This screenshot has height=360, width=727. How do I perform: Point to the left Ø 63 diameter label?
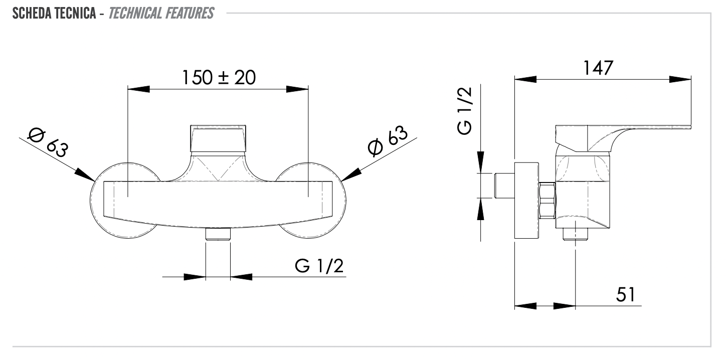(x=49, y=141)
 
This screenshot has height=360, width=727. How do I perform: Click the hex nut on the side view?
(x=547, y=201)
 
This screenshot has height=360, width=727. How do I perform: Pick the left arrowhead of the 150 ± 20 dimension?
(x=138, y=89)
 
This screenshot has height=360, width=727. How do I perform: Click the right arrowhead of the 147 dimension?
(x=681, y=79)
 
